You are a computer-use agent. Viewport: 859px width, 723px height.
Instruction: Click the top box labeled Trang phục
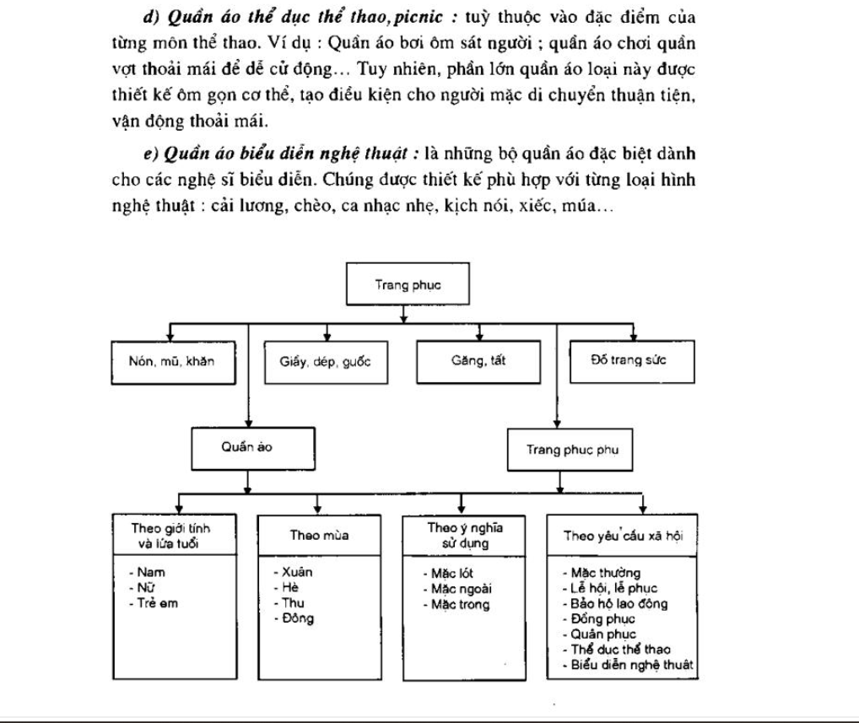tap(407, 285)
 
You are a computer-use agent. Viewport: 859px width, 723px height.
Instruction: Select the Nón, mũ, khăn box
tap(170, 363)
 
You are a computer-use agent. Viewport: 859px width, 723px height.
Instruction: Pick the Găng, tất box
tap(478, 363)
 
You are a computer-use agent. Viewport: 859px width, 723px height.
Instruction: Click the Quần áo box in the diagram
tap(246, 448)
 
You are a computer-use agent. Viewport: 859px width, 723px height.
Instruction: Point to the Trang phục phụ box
tap(573, 449)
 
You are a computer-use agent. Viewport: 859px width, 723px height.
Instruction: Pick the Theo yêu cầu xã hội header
tap(622, 535)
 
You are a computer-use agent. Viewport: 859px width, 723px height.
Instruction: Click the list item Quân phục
tap(602, 634)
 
